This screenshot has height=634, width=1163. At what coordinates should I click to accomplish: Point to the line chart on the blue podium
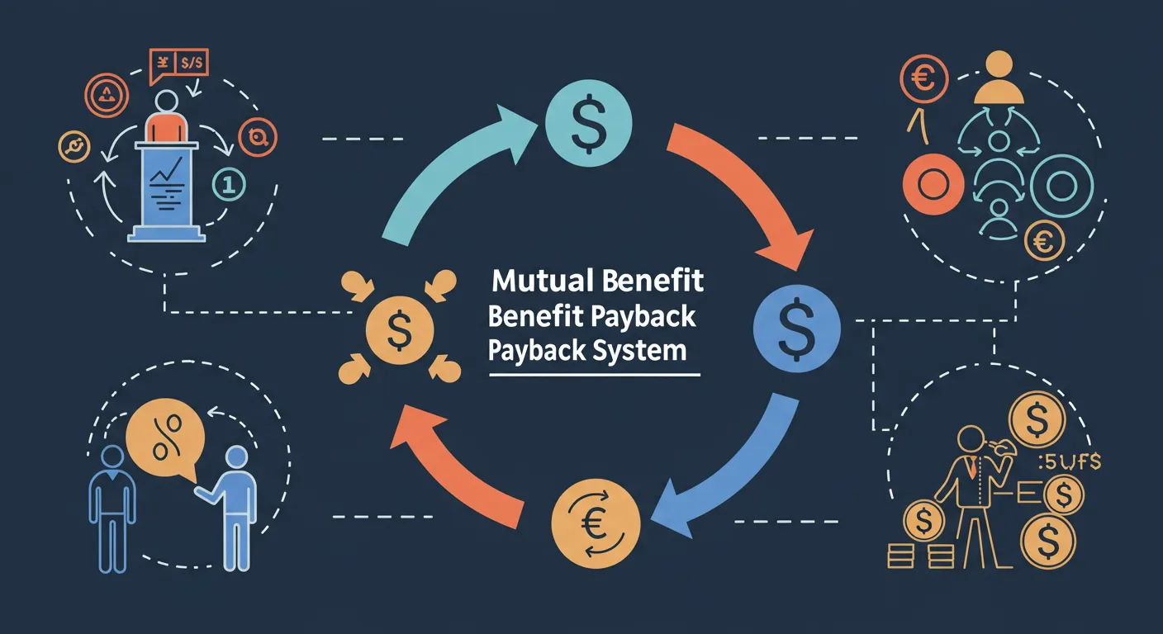pos(168,174)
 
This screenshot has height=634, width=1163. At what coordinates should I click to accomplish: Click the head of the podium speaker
pos(167,102)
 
